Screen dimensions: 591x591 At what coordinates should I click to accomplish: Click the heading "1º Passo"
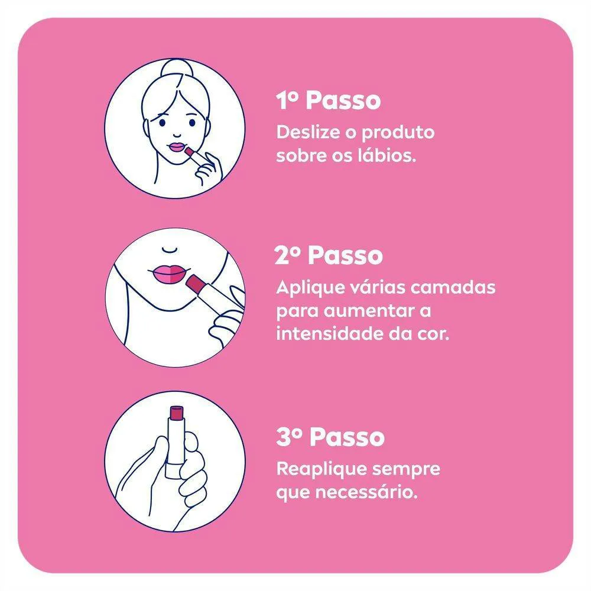coord(328,100)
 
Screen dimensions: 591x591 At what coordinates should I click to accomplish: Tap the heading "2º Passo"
coord(329,255)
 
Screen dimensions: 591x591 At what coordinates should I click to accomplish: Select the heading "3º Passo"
coord(330,437)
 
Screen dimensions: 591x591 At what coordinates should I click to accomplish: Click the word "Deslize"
coord(308,132)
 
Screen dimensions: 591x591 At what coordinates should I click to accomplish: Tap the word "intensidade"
coord(330,333)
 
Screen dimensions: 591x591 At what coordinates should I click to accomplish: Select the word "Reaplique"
coord(322,470)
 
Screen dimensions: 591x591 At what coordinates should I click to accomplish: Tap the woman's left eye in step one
coord(192,122)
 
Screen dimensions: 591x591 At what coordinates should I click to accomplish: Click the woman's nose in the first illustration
coord(177,135)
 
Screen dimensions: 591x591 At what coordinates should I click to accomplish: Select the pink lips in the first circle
coord(176,147)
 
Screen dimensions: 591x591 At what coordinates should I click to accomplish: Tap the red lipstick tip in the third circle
coord(176,413)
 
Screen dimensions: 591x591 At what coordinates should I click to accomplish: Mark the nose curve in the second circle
coord(169,249)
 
